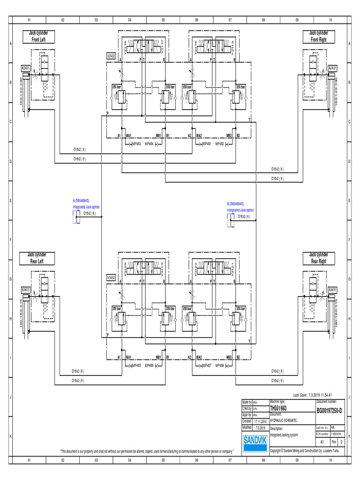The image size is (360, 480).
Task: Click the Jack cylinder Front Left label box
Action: point(38,36)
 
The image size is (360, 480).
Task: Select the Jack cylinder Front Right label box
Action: point(318,36)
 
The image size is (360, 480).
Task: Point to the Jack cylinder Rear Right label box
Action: point(318,258)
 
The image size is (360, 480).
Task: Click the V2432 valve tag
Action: point(111,56)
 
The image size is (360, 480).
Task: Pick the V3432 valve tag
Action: point(111,277)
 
